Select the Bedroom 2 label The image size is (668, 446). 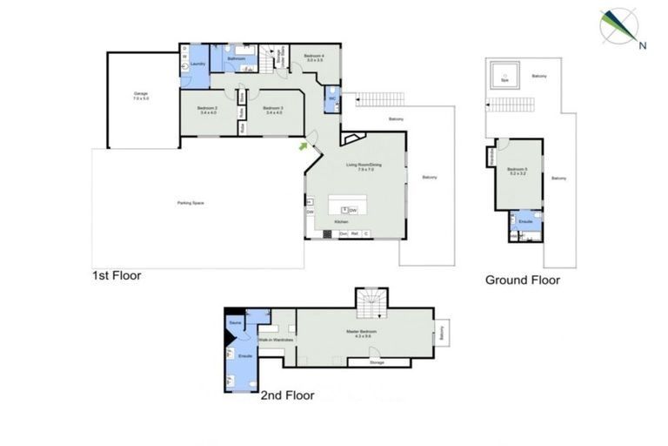coord(208,110)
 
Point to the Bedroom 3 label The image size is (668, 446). coord(272,110)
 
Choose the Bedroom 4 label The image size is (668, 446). coord(314,58)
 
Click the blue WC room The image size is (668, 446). coord(332,98)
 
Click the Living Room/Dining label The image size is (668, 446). coord(364,166)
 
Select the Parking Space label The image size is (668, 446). coord(190,202)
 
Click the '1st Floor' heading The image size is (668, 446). coord(117,275)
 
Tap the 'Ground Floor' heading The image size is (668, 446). coord(522,280)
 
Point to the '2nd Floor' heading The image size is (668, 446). coord(287,395)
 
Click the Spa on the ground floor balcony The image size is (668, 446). coord(502,78)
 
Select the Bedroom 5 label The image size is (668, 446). coord(518,171)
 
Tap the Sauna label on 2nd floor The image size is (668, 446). coord(235,322)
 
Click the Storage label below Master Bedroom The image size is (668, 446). coord(377,362)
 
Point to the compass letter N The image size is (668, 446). coord(642,44)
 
